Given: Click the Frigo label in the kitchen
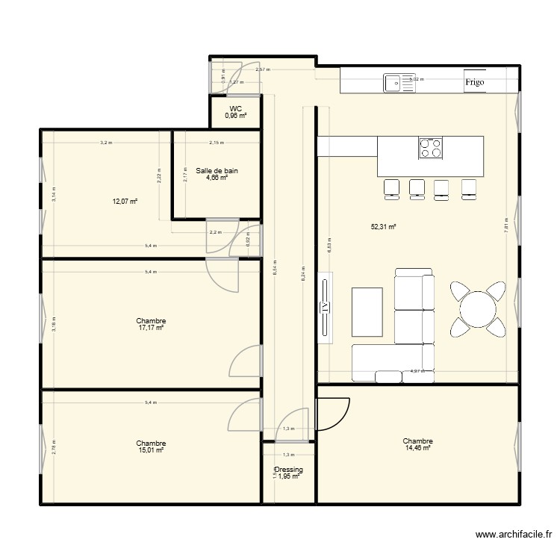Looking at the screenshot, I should [x=475, y=82].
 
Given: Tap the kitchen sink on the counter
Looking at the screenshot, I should [x=399, y=83].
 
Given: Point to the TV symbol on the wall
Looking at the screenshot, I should [x=325, y=306].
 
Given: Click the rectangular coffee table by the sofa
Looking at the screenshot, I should [x=367, y=311].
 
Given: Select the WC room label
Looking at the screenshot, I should [x=236, y=109].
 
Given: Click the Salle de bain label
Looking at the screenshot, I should [x=217, y=171].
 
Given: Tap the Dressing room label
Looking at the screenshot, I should [x=288, y=470].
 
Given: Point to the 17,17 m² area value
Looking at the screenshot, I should [x=151, y=328].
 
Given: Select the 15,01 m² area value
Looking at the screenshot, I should [x=151, y=450].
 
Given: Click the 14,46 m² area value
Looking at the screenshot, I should [x=417, y=448].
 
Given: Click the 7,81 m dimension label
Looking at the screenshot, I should [x=506, y=230].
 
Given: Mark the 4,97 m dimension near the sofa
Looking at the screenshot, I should [x=417, y=370].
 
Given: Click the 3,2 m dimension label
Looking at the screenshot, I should [x=106, y=142].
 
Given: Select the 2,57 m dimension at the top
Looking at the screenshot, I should [x=263, y=70].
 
